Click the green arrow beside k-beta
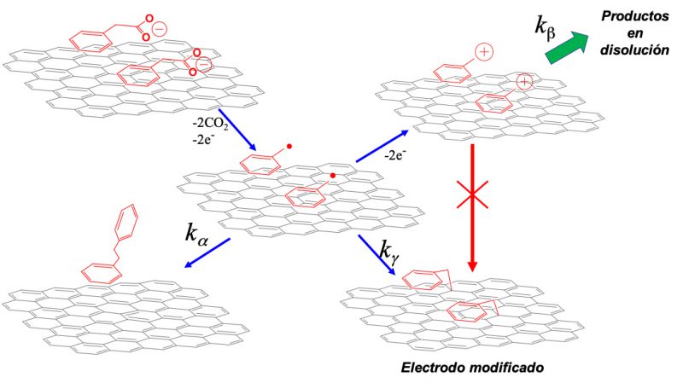tap(568, 48)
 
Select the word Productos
tap(635, 17)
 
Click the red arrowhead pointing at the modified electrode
tap(472, 266)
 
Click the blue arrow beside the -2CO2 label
tap(237, 130)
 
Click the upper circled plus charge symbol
tap(484, 52)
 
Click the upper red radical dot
tap(289, 147)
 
